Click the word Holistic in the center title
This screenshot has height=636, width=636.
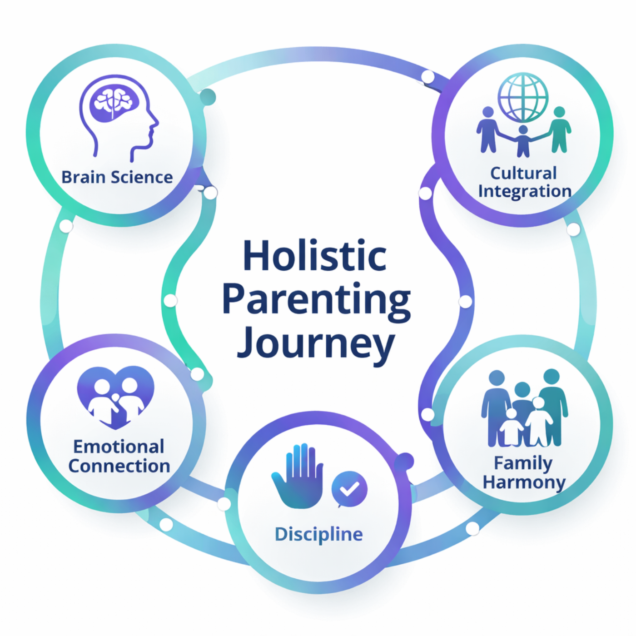click(315, 256)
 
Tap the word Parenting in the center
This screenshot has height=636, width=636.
click(316, 300)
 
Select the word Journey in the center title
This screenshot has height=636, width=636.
click(316, 344)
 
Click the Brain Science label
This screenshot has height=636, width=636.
click(117, 177)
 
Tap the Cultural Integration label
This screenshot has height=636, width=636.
click(524, 182)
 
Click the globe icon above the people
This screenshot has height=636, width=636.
click(523, 97)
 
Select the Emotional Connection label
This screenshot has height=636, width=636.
click(119, 456)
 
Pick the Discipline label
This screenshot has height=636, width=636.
click(319, 534)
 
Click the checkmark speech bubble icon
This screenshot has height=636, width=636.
click(349, 489)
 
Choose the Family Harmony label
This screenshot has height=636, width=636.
click(524, 472)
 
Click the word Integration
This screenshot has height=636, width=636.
click(525, 192)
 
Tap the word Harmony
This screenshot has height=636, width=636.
click(524, 482)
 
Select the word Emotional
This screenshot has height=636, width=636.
click(119, 447)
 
